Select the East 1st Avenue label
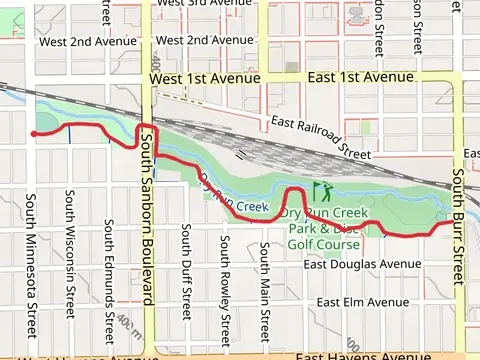coord(360,77)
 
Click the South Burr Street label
coord(459,224)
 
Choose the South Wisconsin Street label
coord(70,254)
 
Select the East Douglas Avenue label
coord(363,264)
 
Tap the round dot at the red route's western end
coord(33,133)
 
